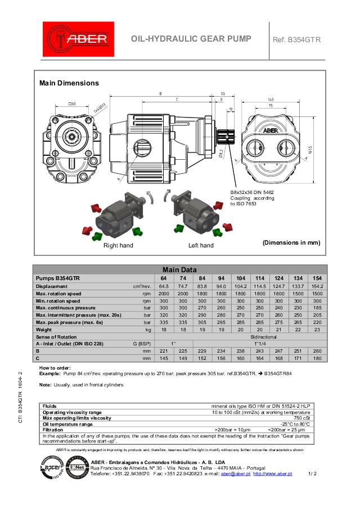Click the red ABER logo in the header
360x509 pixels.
(x=78, y=39)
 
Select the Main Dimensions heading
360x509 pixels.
(x=69, y=83)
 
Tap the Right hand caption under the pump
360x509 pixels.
(x=118, y=246)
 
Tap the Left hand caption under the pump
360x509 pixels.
(x=201, y=246)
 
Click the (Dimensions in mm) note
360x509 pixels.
(x=291, y=242)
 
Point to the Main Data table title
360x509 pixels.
(x=179, y=269)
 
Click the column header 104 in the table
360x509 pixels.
(x=240, y=278)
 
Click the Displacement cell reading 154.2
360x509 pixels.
(x=317, y=286)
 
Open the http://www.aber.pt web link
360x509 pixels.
(x=273, y=474)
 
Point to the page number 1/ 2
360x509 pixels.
(x=313, y=474)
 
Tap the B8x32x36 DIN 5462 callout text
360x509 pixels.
(x=253, y=193)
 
